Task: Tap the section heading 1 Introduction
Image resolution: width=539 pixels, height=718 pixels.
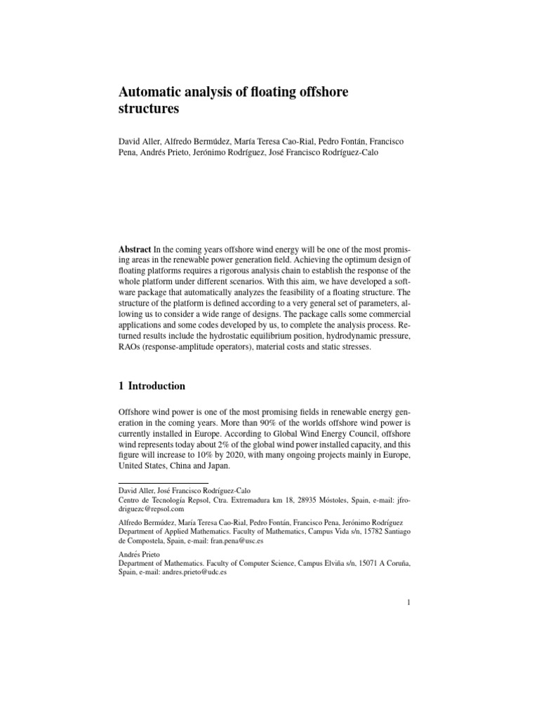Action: (152, 386)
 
